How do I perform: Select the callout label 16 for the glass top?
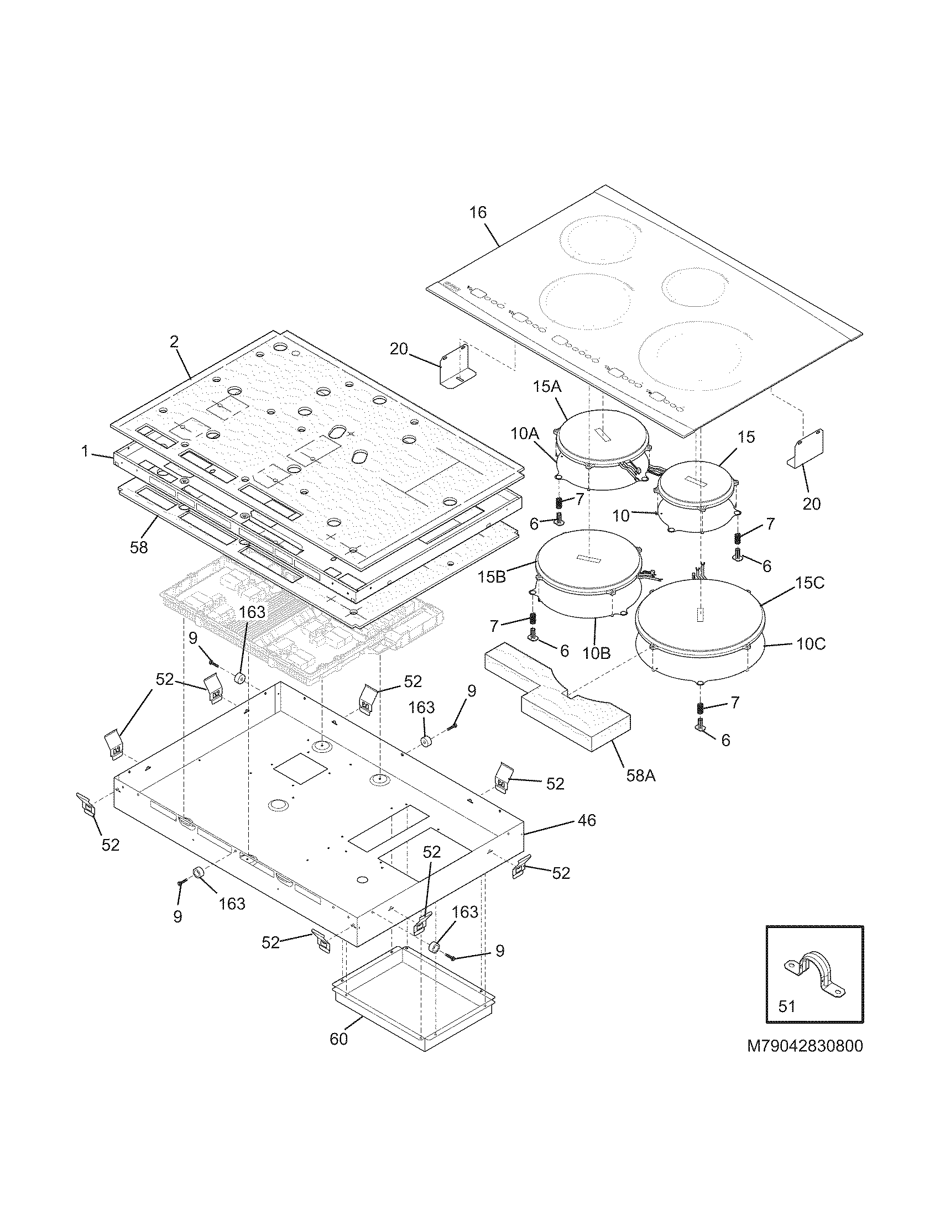[478, 212]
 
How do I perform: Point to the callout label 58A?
[640, 775]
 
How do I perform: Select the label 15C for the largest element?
[810, 584]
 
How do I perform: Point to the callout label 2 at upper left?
[174, 342]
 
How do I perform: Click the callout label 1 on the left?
[85, 452]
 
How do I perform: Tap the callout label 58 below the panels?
[139, 547]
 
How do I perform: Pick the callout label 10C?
[810, 644]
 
